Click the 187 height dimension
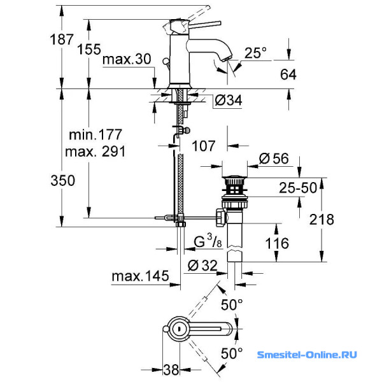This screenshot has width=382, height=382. pyautogui.click(x=62, y=39)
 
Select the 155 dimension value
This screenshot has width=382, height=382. pyautogui.click(x=89, y=49)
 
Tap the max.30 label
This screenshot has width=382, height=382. pyautogui.click(x=127, y=59)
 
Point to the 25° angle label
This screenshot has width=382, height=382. pyautogui.click(x=255, y=53)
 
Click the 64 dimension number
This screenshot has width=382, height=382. pyautogui.click(x=288, y=74)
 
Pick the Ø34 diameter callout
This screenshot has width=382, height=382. pyautogui.click(x=229, y=100)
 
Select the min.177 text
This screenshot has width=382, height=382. pyautogui.click(x=95, y=135)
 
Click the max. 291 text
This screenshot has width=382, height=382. pyautogui.click(x=95, y=152)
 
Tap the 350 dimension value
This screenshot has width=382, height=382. pyautogui.click(x=63, y=181)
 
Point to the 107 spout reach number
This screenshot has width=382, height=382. pyautogui.click(x=204, y=146)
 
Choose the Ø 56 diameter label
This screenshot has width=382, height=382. pyautogui.click(x=274, y=159)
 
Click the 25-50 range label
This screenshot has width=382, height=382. pyautogui.click(x=298, y=188)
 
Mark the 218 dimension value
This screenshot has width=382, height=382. pyautogui.click(x=322, y=220)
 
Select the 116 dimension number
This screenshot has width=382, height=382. pyautogui.click(x=277, y=243)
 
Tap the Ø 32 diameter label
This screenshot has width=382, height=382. pyautogui.click(x=202, y=265)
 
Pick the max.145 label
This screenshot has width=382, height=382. pyautogui.click(x=140, y=276)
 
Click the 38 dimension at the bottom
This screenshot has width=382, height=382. pyautogui.click(x=171, y=369)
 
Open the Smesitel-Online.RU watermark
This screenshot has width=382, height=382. pyautogui.click(x=307, y=355)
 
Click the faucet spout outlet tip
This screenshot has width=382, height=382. pyautogui.click(x=227, y=59)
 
